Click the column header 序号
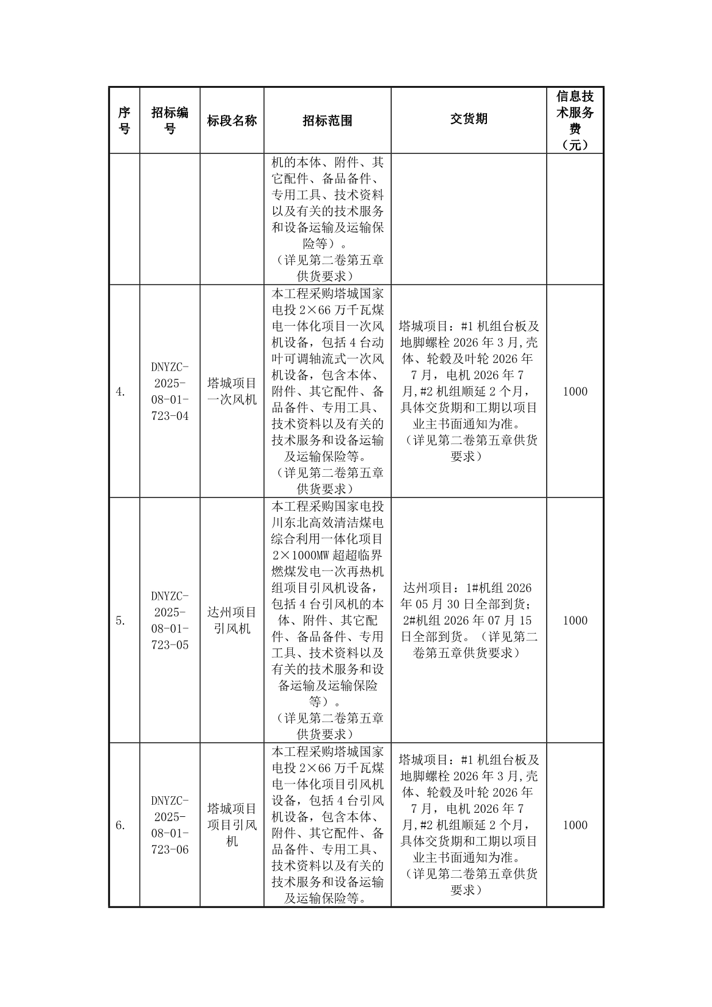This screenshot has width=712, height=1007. pos(124,121)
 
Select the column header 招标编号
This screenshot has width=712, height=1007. pos(170,121)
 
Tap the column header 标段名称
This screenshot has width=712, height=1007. pos(232,121)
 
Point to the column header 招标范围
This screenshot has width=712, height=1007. pos(327,121)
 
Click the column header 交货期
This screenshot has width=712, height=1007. pos(469,119)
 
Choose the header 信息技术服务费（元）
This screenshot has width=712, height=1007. pos(575,120)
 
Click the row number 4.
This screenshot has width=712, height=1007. pos(121,392)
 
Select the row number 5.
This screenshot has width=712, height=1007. pos(121,620)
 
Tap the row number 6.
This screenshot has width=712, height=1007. pos(121,825)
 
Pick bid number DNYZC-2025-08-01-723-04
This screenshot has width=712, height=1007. pos(170,392)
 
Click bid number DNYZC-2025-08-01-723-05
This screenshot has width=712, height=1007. pos(170,620)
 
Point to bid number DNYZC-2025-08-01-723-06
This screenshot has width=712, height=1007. pos(170,825)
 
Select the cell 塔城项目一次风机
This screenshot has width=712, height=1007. pos(232,392)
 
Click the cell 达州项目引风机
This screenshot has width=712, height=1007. pos(232,620)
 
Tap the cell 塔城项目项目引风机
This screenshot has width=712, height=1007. pos(232,825)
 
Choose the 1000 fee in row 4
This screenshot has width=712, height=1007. pos(575,392)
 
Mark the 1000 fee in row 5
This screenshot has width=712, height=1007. pos(575,620)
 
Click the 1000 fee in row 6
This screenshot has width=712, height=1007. pos(575,825)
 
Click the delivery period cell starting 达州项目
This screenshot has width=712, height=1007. pos(469,620)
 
